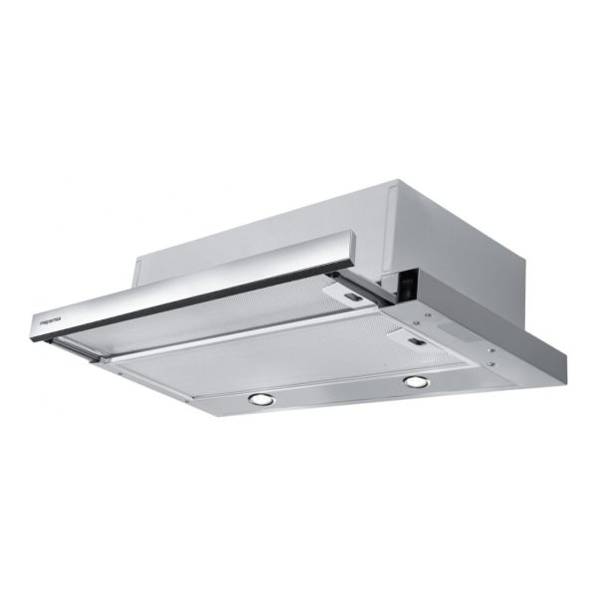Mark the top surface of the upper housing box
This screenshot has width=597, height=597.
[x=298, y=224]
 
